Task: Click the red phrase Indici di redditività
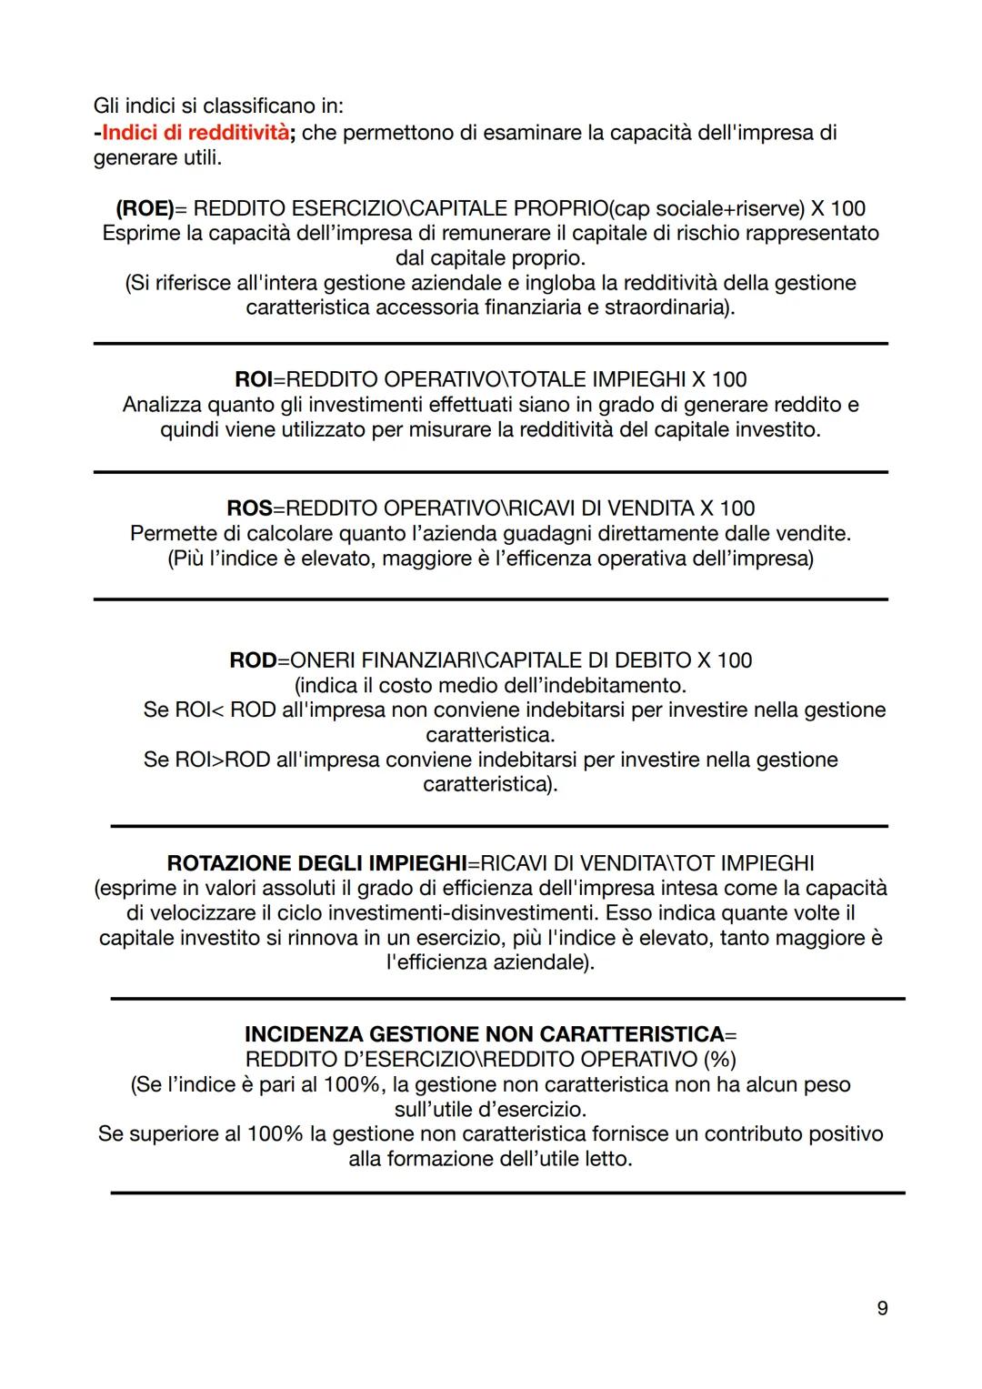195,133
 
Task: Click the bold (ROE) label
145,208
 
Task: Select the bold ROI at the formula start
254,379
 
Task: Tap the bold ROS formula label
249,508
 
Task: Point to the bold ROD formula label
253,659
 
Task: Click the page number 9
882,1308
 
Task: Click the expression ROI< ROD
225,710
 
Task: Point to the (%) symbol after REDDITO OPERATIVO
719,1059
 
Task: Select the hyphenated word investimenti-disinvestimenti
457,912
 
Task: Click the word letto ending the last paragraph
608,1159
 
